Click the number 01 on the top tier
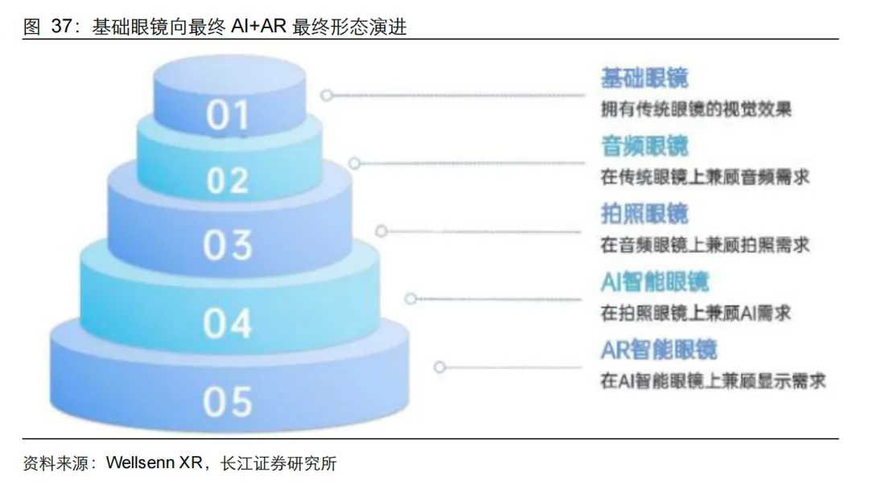[228, 116]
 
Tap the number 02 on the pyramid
[228, 180]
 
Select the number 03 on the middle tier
[228, 245]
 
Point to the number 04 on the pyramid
[228, 323]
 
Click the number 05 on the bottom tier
[228, 401]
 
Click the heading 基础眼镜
[645, 78]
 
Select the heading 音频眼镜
[645, 146]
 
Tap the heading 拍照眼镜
[645, 214]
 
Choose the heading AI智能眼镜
[655, 282]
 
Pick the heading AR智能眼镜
[658, 350]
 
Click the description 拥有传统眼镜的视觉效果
[695, 109]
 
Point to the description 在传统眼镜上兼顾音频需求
[705, 176]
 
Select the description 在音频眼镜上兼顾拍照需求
[705, 244]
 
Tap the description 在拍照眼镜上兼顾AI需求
[695, 313]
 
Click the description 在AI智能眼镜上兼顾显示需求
[713, 380]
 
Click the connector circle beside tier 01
[326, 95]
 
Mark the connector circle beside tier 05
[439, 367]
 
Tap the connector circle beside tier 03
[381, 232]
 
